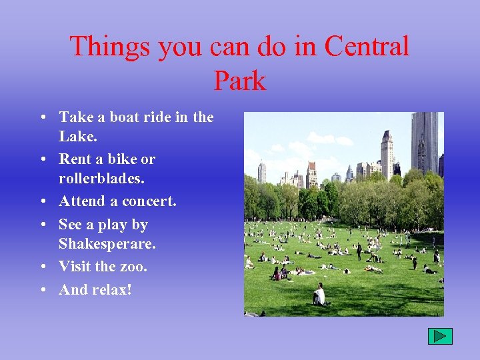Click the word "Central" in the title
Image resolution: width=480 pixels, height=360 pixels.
[x=367, y=47]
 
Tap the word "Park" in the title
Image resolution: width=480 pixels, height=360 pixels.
[x=240, y=81]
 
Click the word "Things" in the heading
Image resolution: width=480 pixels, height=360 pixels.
[x=110, y=47]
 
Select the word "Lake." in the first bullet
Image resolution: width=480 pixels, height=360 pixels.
[x=78, y=137]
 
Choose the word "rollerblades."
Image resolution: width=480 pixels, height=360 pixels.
[x=102, y=179]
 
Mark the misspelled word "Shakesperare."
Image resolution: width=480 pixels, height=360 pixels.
[x=107, y=244]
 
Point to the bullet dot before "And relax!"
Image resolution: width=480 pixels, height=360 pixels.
[x=43, y=291]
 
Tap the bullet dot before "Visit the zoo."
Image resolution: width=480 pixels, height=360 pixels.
[x=43, y=267]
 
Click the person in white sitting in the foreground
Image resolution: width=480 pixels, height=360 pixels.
[x=320, y=294]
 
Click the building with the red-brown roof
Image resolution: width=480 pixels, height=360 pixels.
[x=311, y=173]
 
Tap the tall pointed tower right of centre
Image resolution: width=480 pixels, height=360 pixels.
[x=387, y=155]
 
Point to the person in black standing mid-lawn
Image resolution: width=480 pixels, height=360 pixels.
[x=359, y=252]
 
